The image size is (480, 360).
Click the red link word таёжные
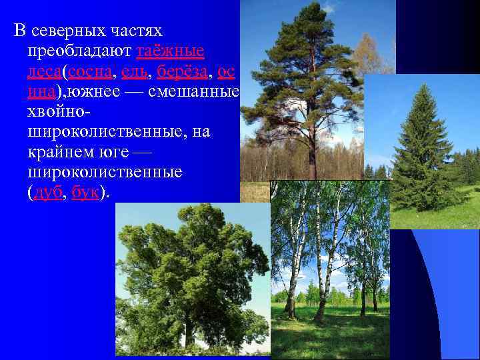coord(171,51)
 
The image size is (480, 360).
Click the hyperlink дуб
coord(48,192)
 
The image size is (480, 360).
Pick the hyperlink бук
coord(85,192)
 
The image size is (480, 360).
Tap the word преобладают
coord(79,51)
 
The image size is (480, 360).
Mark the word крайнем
coord(58,152)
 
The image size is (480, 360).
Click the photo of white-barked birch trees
coord(330,267)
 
